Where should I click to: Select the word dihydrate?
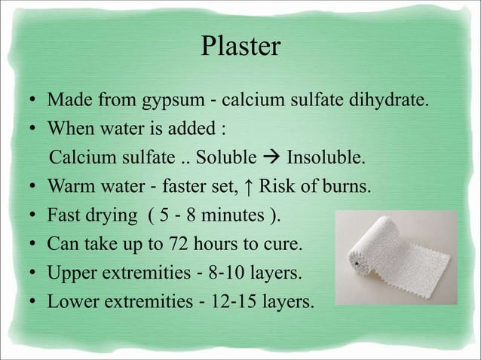point(396,100)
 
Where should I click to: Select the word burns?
point(349,188)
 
